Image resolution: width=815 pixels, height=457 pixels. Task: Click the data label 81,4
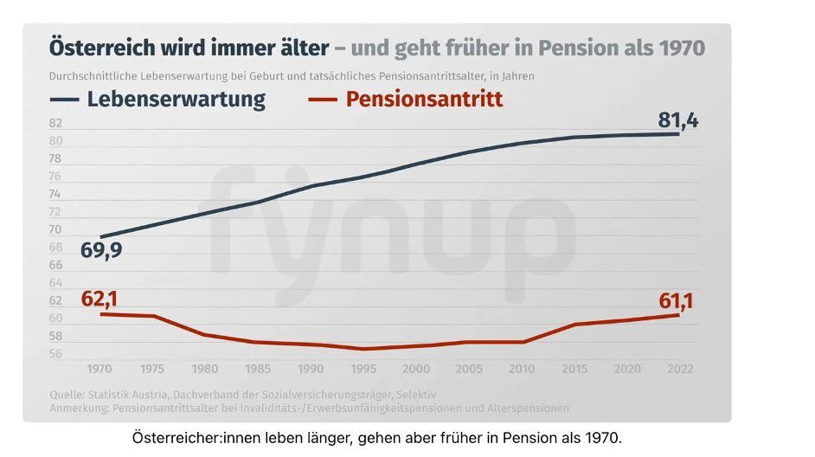coord(677,120)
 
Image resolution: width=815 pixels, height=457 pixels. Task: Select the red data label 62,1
coord(99,299)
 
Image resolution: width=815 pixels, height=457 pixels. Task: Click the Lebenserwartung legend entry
coord(176,99)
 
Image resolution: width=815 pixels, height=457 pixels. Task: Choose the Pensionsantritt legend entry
coord(424,99)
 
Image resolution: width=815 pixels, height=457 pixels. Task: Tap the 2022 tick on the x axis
coord(678,368)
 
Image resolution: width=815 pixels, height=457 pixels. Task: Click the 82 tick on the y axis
coord(55,123)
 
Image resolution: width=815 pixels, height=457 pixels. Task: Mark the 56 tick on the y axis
coord(55,354)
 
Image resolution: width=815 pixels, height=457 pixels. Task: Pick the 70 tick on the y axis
coord(55,229)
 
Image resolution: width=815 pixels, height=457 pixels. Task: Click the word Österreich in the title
coord(99,46)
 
